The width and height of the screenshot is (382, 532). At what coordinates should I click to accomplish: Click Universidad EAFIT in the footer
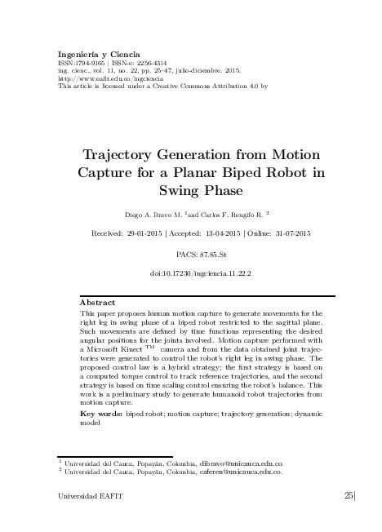point(84,496)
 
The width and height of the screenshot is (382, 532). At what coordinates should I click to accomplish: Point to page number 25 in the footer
point(349,495)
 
